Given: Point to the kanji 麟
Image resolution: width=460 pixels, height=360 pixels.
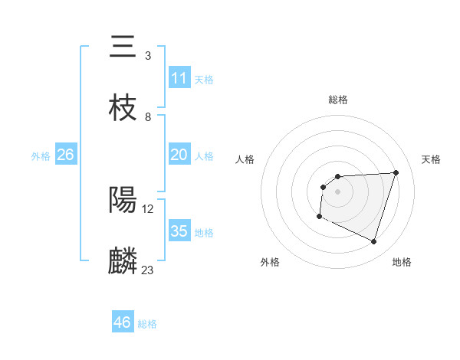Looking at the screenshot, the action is tap(123, 261).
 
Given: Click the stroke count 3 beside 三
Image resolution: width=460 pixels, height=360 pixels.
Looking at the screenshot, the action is tap(147, 56).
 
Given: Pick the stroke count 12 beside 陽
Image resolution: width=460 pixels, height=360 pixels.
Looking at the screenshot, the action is tap(149, 208).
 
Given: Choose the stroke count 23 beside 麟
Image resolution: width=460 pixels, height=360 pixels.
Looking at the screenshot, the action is tap(148, 270).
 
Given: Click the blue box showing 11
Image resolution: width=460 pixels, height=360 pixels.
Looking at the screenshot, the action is tap(179, 78).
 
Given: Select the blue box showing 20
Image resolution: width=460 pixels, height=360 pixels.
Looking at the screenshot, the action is tap(179, 155).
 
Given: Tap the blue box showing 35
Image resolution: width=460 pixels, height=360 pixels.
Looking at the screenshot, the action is tap(179, 231).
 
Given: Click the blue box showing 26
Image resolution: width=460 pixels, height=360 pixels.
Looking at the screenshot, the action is tap(65, 155).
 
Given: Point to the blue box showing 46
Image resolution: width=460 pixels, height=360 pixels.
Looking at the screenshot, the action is tap(123, 322).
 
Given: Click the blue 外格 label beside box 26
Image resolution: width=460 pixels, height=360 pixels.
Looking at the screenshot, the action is tap(41, 155).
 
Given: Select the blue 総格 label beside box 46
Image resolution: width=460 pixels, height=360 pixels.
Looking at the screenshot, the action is tap(147, 324).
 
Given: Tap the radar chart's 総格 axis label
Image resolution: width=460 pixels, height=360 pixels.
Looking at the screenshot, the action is tap(337, 100).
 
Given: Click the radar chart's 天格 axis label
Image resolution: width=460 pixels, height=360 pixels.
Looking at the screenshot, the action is tap(431, 159).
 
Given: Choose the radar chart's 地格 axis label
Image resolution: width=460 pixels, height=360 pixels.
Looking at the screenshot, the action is tap(402, 262).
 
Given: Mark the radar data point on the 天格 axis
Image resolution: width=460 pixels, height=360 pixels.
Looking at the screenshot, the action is tap(396, 172).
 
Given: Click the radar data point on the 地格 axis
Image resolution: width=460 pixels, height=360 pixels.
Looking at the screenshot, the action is tap(373, 242).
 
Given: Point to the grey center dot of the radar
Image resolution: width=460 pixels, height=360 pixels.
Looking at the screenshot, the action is tap(337, 191).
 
